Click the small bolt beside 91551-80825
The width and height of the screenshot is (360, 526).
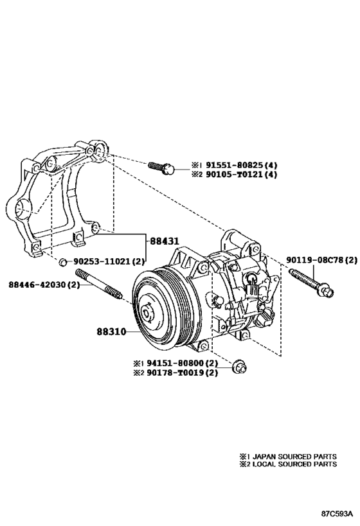point(160,168)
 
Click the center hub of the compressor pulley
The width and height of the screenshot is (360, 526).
point(147,313)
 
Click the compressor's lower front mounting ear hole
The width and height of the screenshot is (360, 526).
point(204,347)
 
